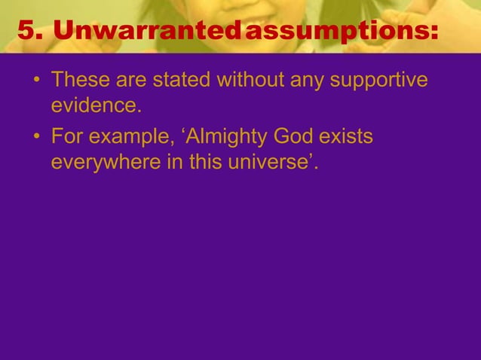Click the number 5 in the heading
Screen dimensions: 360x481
[x=26, y=31]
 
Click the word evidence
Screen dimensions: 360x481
[x=96, y=104]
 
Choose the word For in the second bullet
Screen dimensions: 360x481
[x=66, y=139]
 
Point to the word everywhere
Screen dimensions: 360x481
[x=105, y=163]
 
